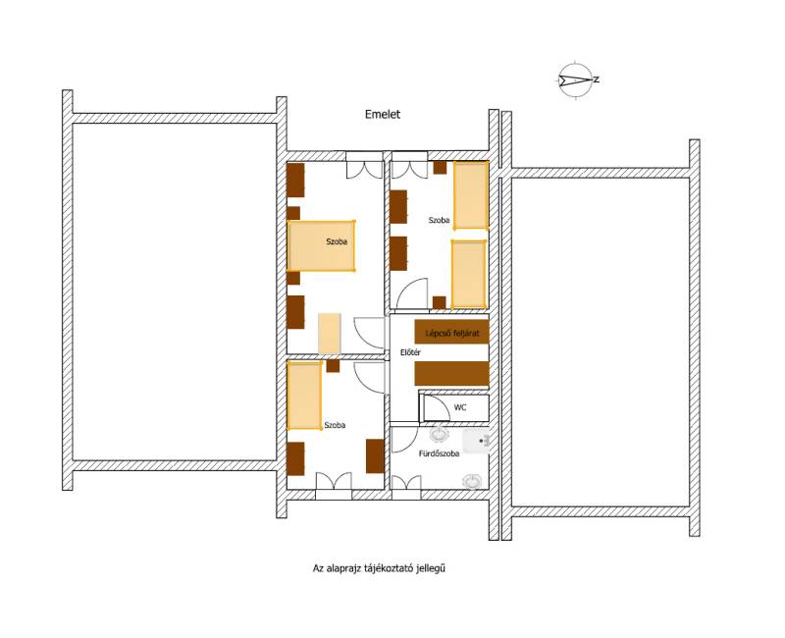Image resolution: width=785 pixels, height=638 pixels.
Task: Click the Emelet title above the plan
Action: pos(383,114)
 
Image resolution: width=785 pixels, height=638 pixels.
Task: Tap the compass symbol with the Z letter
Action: pos(576,80)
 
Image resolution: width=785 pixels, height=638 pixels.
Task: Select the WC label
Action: pos(460,407)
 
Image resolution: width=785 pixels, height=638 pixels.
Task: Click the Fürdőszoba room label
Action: pos(439,453)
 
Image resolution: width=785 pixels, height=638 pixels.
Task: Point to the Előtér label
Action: pos(410,352)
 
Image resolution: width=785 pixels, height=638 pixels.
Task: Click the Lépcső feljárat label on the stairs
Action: pos(452,333)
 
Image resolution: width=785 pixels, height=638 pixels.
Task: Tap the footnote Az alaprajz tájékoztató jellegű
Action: pos(379,568)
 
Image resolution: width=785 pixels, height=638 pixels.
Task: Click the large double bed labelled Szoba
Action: pos(321,246)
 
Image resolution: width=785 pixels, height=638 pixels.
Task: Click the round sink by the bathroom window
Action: pos(472,481)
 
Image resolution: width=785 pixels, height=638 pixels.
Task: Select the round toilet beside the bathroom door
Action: pos(439,434)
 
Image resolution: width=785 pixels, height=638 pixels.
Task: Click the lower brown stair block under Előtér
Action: pos(451,374)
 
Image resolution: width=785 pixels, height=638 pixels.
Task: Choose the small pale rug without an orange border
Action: pos(330,334)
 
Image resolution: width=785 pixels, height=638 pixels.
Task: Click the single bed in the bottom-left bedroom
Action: pos(304,396)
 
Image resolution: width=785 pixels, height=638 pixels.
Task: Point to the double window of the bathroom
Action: pos(405,488)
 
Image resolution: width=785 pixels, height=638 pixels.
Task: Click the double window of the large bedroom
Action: pos(364,165)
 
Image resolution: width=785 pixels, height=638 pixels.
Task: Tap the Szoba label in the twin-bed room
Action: pos(439,220)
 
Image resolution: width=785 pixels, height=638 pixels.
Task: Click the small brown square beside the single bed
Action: pos(333,366)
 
